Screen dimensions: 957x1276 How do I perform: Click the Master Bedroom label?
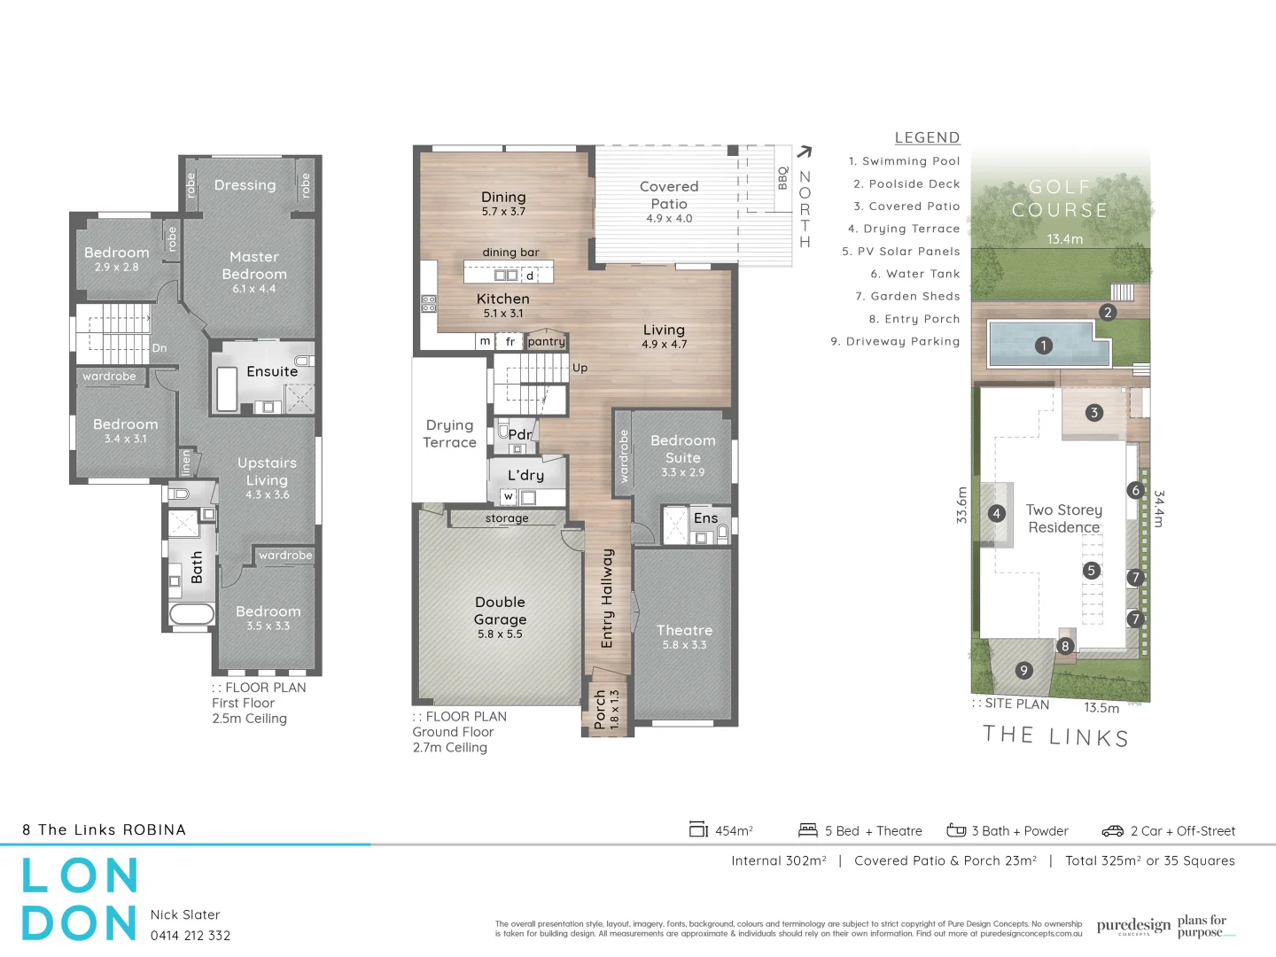254,266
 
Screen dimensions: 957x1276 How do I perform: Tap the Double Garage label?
501,611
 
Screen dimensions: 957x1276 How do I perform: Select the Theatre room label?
684,631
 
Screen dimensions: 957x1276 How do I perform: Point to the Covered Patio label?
669,195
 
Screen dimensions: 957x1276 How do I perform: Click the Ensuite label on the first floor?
272,372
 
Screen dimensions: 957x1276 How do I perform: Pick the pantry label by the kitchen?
546,342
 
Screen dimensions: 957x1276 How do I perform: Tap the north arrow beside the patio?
804,152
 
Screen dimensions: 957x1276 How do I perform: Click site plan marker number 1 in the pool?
1044,346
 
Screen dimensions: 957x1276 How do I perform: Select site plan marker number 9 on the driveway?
1023,671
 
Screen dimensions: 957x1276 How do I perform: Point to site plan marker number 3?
1094,413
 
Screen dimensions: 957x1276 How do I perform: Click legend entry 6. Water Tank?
914,275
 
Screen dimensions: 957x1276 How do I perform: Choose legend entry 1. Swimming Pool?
904,161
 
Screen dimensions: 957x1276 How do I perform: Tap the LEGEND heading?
927,138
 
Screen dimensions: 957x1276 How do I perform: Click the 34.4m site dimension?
1159,509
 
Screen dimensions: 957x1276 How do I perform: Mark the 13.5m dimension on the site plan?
1101,708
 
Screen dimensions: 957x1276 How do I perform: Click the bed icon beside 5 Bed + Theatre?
807,830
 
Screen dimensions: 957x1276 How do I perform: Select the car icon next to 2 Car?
1112,831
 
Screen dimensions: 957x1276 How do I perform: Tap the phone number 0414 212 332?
191,936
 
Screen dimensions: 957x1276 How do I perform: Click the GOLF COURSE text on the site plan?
1060,198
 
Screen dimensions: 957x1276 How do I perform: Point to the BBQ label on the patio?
783,178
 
